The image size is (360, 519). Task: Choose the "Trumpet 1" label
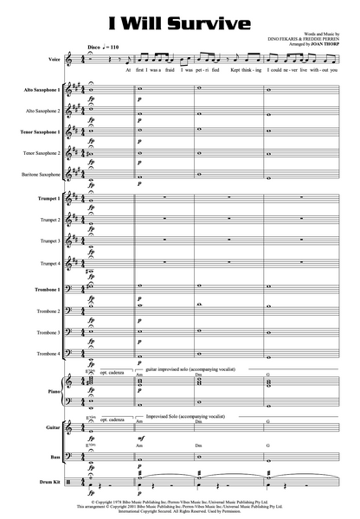[x=48, y=200]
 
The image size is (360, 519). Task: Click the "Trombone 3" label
[x=48, y=332]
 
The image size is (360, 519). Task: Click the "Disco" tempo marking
[x=94, y=43]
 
